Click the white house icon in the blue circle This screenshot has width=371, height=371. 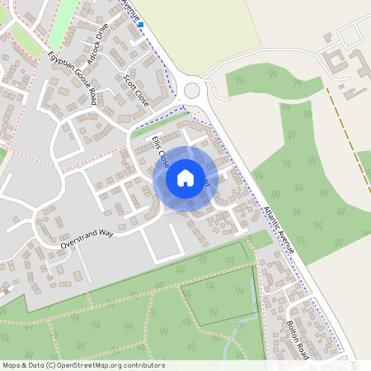tap(185, 177)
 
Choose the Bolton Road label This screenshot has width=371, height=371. tap(297, 339)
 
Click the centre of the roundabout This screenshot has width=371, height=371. tap(194, 90)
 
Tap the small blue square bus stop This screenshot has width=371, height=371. tap(141, 25)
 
